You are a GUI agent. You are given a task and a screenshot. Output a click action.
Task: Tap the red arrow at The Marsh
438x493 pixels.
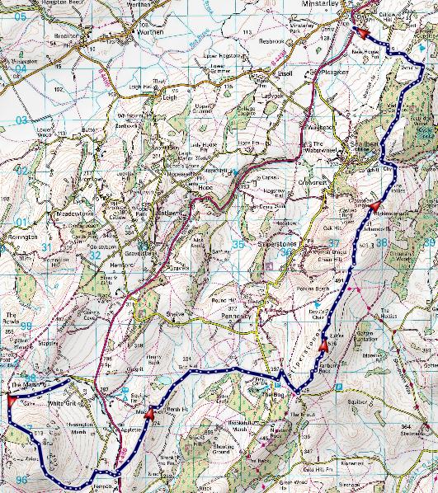click(x=12, y=401)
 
